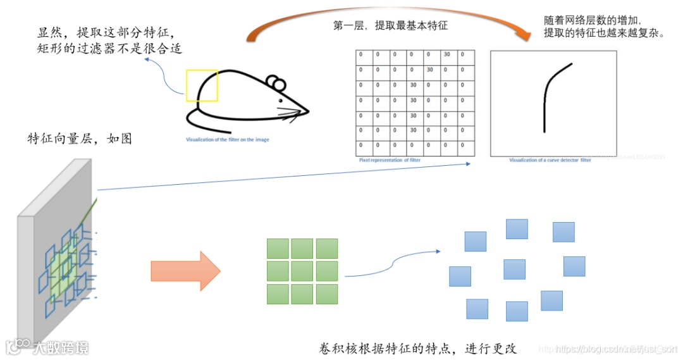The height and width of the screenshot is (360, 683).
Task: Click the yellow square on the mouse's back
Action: pyautogui.click(x=202, y=86)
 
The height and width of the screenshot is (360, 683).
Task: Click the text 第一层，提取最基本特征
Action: pyautogui.click(x=390, y=27)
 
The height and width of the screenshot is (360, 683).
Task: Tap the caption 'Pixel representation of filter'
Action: pyautogui.click(x=389, y=160)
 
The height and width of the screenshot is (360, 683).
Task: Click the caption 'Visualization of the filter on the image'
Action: pyautogui.click(x=227, y=139)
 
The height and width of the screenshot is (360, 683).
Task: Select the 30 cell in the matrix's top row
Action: pyautogui.click(x=446, y=54)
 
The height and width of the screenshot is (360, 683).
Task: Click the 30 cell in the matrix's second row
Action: pyautogui.click(x=430, y=70)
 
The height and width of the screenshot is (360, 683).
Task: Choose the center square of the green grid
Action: pyautogui.click(x=302, y=271)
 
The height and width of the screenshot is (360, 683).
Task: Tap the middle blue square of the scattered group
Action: pyautogui.click(x=515, y=269)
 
